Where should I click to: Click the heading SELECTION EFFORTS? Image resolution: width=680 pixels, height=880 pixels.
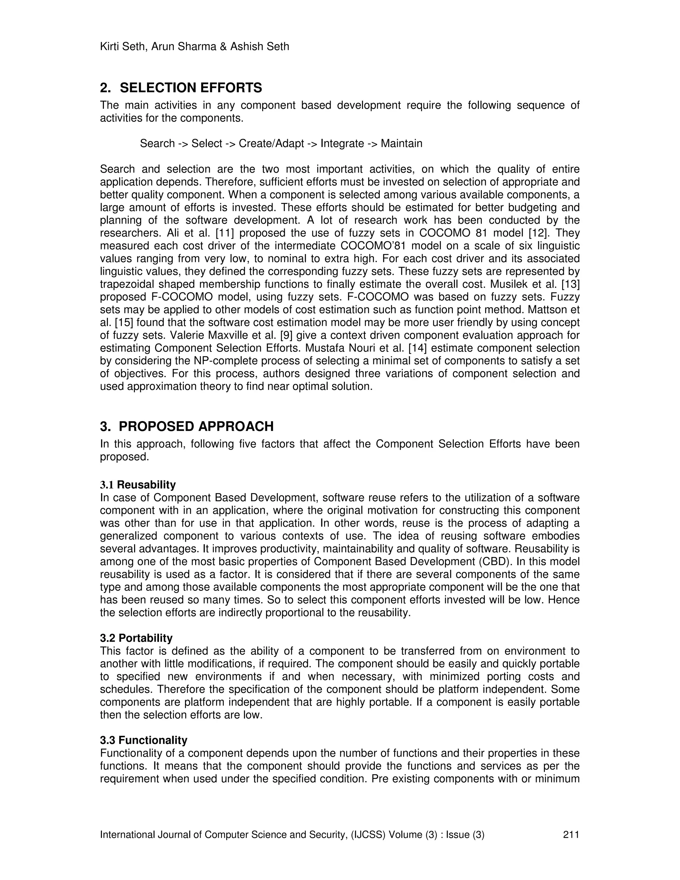coord(191,88)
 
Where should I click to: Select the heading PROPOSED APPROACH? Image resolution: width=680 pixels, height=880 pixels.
coord(196,426)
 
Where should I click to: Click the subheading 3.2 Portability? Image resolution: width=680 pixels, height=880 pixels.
coord(136,638)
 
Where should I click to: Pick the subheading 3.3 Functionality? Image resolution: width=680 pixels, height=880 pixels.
coord(143,740)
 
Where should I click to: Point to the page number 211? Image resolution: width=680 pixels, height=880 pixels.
coord(571,835)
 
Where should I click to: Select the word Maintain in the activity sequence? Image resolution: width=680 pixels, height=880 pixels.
coord(401,143)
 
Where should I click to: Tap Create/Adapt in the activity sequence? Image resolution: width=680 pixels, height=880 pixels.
coord(271,143)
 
